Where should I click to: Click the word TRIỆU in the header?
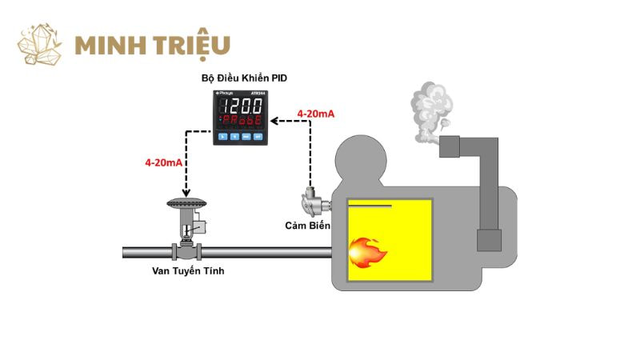click(189, 45)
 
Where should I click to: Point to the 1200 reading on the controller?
click(244, 105)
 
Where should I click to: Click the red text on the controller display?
click(244, 122)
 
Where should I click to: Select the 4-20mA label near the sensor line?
click(315, 114)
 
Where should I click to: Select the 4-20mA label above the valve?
click(163, 162)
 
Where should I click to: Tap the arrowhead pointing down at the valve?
click(186, 193)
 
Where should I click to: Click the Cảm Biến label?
click(308, 226)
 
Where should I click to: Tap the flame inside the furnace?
click(369, 252)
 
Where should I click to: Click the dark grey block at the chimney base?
click(489, 240)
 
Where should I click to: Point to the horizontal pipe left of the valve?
click(148, 253)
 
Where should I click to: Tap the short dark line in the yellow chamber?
click(370, 206)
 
